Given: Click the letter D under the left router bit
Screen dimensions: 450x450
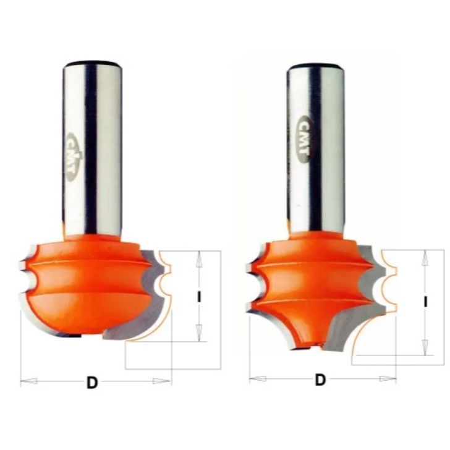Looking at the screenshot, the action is pyautogui.click(x=92, y=383).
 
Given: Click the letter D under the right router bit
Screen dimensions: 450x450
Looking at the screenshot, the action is pyautogui.click(x=320, y=380).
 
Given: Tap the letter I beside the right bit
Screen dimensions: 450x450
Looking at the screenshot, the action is pyautogui.click(x=426, y=302).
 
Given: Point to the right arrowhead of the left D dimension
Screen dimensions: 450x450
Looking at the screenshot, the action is pyautogui.click(x=161, y=381).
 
